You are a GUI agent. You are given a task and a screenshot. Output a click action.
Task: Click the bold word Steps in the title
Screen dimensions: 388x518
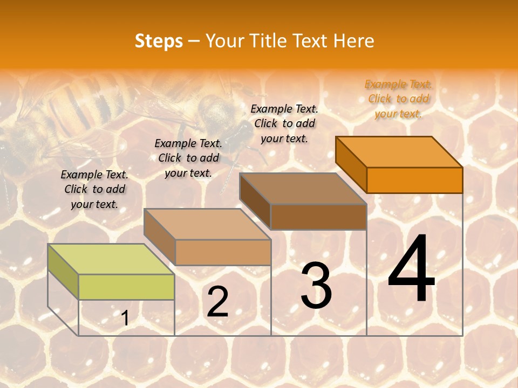(159, 41)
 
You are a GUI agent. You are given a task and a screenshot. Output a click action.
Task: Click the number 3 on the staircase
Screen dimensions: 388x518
(316, 286)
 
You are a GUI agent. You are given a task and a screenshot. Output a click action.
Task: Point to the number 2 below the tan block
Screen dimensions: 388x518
(217, 302)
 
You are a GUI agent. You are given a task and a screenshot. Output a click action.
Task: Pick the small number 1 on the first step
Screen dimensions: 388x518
(125, 318)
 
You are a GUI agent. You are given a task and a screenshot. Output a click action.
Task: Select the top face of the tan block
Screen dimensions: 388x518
(207, 224)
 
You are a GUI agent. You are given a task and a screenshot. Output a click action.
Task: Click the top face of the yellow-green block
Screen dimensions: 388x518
(111, 259)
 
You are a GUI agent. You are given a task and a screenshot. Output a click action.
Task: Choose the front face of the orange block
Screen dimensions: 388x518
(414, 180)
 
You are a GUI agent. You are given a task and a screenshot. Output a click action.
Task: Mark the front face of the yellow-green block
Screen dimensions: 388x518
(126, 287)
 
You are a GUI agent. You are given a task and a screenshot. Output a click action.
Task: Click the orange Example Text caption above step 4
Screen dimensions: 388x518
(399, 99)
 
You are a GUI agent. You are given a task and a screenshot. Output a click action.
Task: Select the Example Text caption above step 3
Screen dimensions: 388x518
(284, 123)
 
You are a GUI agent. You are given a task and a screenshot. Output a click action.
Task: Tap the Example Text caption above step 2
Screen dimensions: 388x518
(188, 158)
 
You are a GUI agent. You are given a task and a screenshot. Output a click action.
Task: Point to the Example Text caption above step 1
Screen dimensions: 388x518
(94, 189)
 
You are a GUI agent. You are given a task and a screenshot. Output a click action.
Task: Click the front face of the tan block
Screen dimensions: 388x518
(223, 252)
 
